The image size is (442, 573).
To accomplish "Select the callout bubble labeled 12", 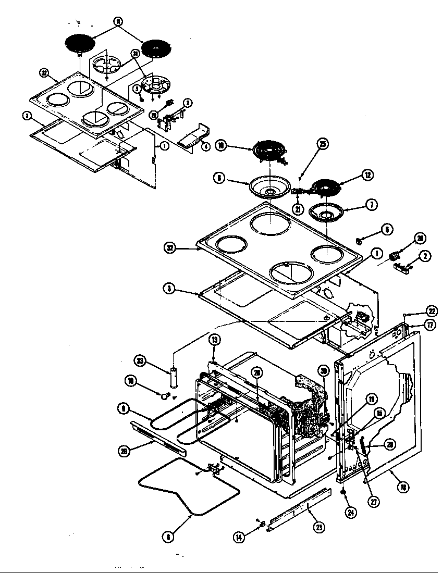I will click(369, 176).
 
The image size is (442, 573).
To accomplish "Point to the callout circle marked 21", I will click(298, 209).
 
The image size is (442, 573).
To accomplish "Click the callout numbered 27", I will click(375, 503).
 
